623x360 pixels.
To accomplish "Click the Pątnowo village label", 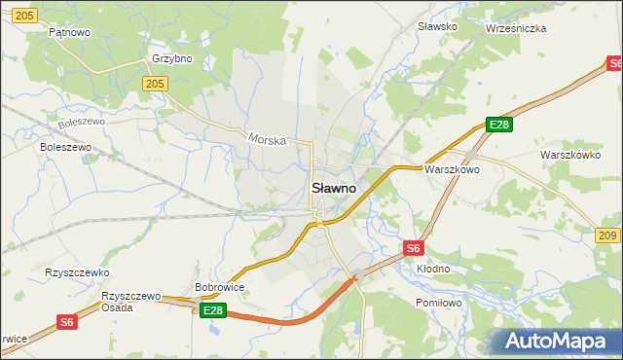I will point(69,32).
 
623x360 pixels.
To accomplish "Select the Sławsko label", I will point(437,26).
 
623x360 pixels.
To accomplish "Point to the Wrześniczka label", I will point(516,28).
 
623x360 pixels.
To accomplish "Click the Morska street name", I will point(267,139).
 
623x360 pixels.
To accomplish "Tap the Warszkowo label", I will point(452,168).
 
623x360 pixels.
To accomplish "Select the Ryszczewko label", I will point(78,272).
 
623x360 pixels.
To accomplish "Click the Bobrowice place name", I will point(219,287).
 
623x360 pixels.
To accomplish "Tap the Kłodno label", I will point(433,269).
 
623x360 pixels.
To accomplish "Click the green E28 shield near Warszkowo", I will point(499,125).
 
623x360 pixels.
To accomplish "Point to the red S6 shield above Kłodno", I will point(414,248).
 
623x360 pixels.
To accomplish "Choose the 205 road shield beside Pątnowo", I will point(26,15).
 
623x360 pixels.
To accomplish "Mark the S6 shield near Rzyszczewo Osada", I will point(66,321).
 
